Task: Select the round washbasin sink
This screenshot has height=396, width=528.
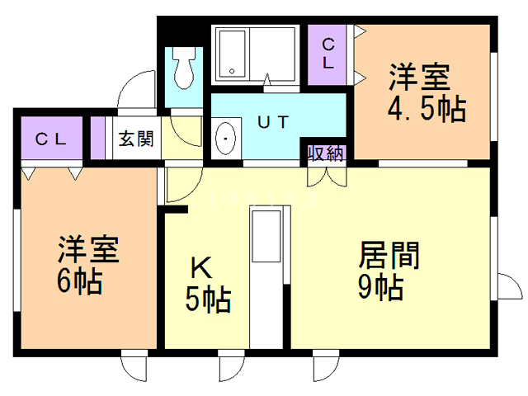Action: coord(226,140)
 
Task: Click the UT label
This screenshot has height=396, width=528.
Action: coord(273,122)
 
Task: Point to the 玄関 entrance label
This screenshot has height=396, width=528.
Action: coord(135,139)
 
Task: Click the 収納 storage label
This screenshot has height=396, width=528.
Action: coord(328,153)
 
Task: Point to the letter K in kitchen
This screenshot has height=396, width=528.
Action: coord(200,269)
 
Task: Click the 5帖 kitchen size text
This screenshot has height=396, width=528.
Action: coord(207,301)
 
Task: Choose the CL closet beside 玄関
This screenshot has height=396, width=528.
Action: coord(51,139)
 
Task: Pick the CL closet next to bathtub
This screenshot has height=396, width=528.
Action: coord(328,54)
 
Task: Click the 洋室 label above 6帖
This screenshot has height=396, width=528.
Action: coord(88,250)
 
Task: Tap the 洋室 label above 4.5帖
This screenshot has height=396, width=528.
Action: coord(421,78)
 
